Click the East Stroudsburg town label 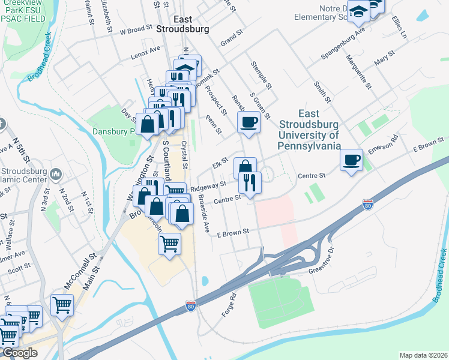coord(182,23)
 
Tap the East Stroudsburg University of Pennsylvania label coord(309,130)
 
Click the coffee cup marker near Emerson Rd coord(352,160)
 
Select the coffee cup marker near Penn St coord(249,122)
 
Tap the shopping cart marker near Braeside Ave coord(170,244)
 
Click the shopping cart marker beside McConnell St coord(62,305)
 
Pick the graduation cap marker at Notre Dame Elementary coord(359,13)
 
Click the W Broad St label coord(136,29)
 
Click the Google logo coord(19,353)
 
